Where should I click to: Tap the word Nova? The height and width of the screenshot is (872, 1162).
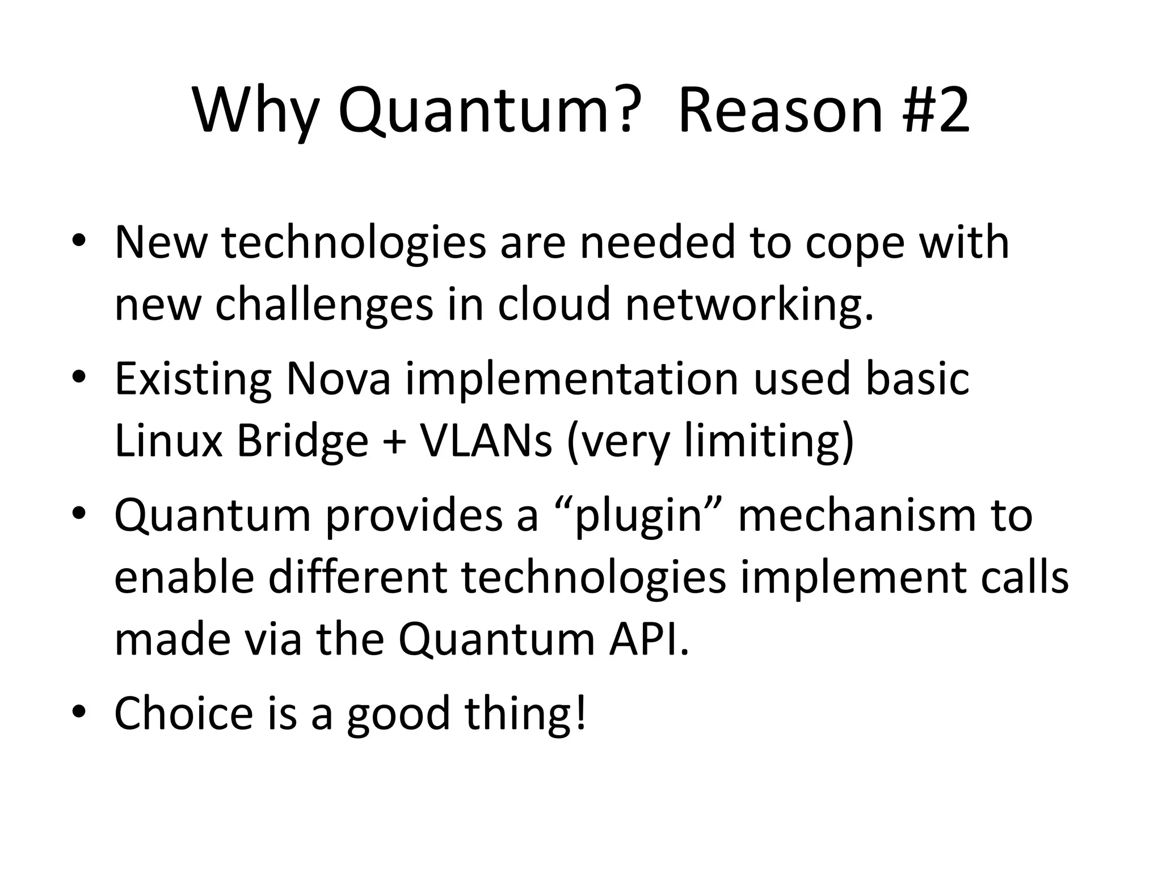click(x=338, y=379)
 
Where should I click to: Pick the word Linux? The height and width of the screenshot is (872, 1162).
click(x=169, y=441)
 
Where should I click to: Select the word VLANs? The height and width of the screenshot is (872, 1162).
click(x=485, y=441)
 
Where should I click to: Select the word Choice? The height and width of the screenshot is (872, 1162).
click(x=183, y=713)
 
